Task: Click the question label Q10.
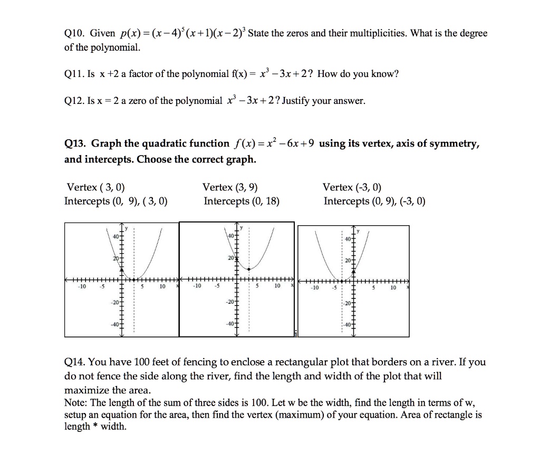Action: pyautogui.click(x=74, y=34)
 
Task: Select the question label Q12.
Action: pyautogui.click(x=74, y=101)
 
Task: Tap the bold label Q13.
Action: pyautogui.click(x=75, y=143)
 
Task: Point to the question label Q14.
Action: pyautogui.click(x=74, y=362)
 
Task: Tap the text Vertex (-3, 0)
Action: pyautogui.click(x=352, y=187)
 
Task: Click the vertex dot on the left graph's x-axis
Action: pyautogui.click(x=134, y=280)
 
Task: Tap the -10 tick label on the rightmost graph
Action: pyautogui.click(x=314, y=289)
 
